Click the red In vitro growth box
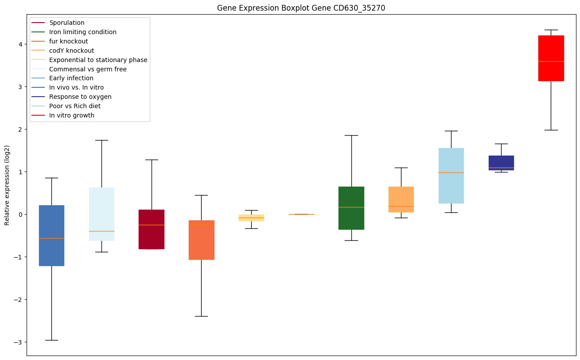551,58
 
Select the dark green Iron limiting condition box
351,208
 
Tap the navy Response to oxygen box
501,163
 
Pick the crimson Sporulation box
152,229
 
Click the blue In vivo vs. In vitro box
51,235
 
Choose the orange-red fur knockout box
202,240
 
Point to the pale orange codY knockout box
401,199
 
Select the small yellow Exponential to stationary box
251,218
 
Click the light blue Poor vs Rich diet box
451,176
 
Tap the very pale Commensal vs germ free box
101,214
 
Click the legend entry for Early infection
71,78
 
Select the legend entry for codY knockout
72,51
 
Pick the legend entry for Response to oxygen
80,97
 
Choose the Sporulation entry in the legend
67,23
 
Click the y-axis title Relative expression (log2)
7,185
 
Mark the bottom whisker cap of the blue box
51,340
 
